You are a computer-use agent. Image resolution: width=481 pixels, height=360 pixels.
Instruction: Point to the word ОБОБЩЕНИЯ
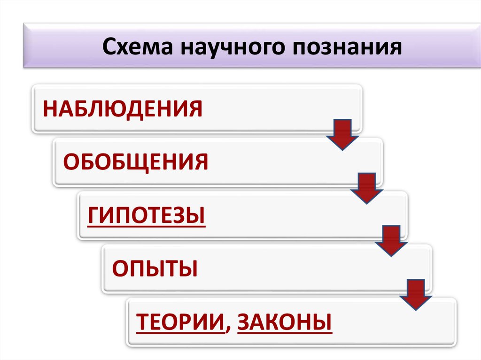(136, 162)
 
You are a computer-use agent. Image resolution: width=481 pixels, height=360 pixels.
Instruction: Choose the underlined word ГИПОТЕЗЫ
(147, 216)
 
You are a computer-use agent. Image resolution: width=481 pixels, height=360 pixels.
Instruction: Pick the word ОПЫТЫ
(155, 269)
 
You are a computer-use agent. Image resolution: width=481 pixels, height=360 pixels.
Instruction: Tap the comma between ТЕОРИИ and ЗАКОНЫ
(228, 329)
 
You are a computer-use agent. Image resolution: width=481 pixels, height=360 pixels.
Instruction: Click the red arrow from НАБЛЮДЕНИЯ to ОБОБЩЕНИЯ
(342, 134)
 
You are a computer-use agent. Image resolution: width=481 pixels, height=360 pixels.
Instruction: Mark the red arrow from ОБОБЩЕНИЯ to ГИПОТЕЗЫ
(367, 188)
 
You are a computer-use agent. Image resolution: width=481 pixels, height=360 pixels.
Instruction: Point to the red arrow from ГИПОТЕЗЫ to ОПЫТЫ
(391, 241)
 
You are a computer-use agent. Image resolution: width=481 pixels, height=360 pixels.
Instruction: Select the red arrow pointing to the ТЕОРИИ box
(415, 294)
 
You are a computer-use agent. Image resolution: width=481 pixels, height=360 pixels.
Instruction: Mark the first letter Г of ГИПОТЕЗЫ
(93, 216)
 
